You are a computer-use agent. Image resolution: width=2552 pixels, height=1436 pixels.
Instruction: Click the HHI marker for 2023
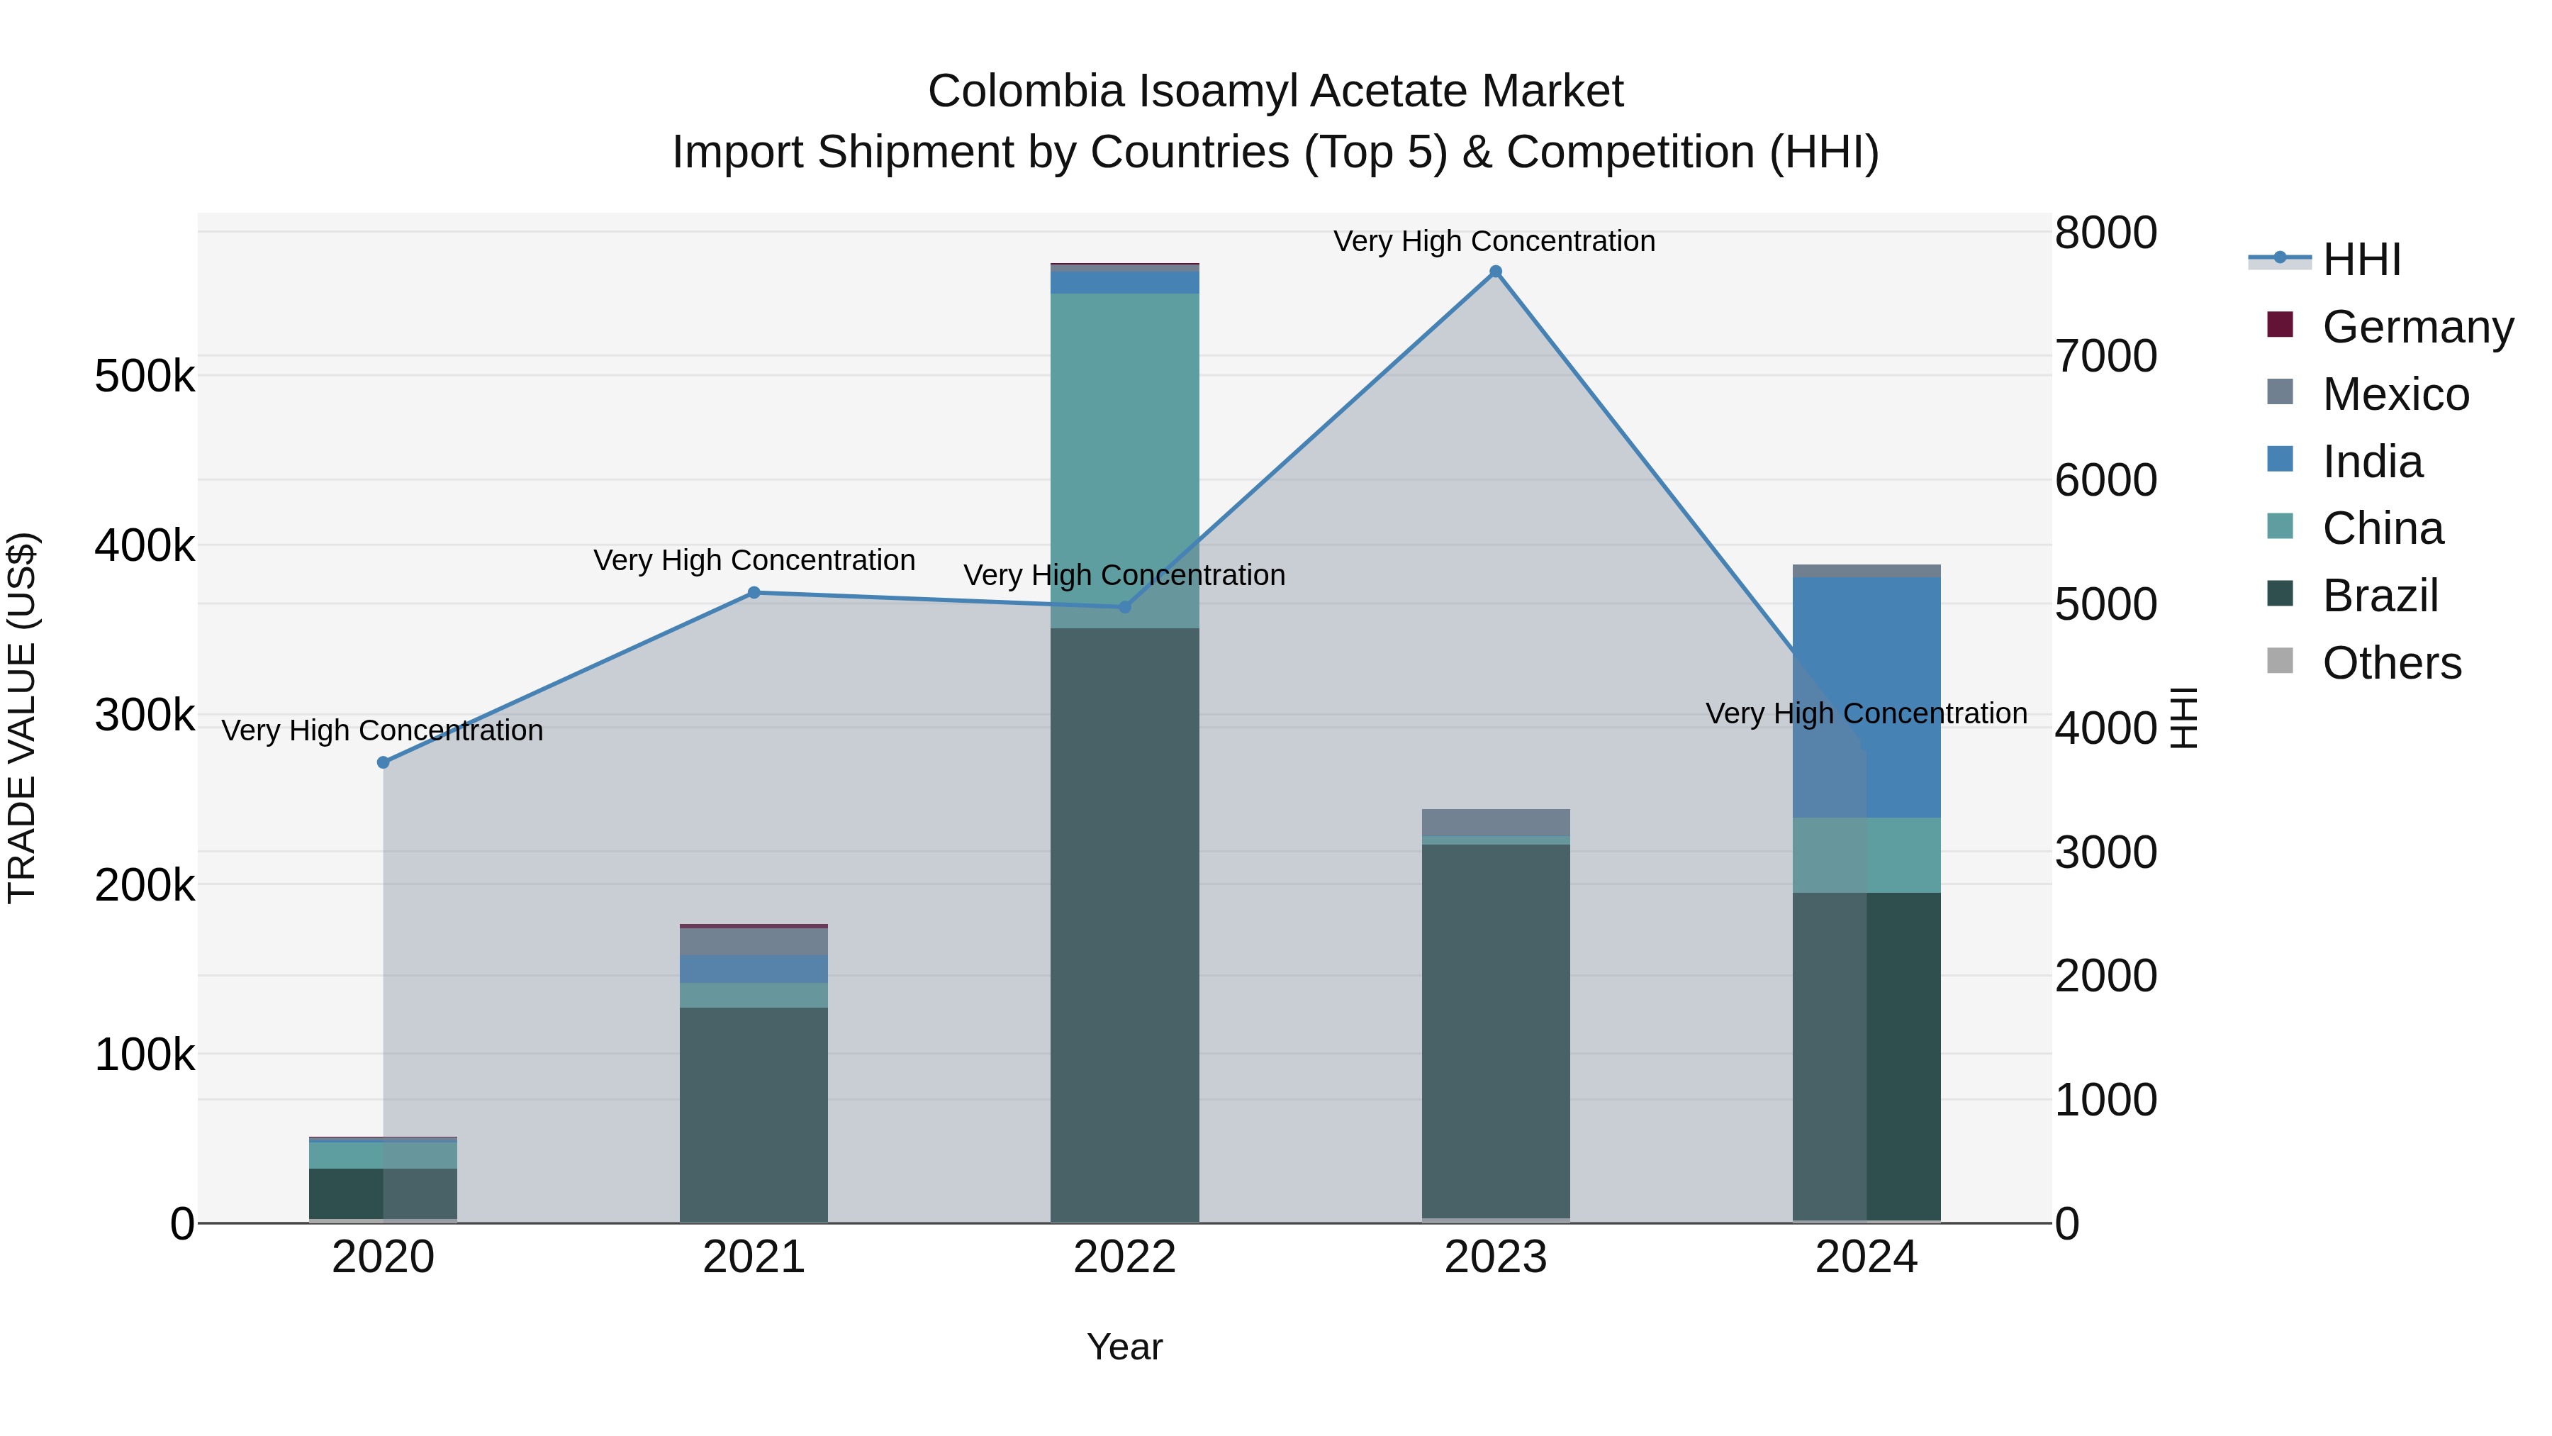[x=1495, y=272]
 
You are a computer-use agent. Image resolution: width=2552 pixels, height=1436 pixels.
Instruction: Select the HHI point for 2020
[x=384, y=762]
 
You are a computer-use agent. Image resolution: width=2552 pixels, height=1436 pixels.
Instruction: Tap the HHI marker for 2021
[x=754, y=593]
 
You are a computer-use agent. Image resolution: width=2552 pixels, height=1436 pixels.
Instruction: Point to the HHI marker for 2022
[x=1124, y=606]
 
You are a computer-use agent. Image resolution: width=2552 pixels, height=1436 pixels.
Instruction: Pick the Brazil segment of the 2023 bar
[x=1495, y=1030]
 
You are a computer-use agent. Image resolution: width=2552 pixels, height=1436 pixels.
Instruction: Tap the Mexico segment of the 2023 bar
[x=1495, y=823]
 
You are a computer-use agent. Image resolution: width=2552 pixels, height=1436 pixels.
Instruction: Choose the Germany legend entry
[x=2417, y=327]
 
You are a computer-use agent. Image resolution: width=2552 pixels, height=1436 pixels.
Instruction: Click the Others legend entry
[x=2392, y=663]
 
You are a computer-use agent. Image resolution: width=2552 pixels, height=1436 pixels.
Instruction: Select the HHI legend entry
[x=2362, y=260]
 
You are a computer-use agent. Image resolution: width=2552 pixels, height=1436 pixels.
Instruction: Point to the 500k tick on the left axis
[x=145, y=377]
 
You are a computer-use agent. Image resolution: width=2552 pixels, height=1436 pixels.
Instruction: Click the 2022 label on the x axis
[x=1124, y=1257]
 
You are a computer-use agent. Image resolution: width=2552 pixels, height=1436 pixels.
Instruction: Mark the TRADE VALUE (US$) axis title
[x=22, y=718]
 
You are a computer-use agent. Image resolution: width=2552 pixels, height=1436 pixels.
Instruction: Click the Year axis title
[x=1124, y=1347]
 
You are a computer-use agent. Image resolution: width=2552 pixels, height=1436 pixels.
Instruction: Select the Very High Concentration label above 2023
[x=1494, y=241]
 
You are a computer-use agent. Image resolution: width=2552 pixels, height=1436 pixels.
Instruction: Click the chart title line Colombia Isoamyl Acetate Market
[x=1275, y=91]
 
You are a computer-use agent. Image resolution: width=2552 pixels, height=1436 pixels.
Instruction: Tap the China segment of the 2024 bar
[x=1867, y=855]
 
